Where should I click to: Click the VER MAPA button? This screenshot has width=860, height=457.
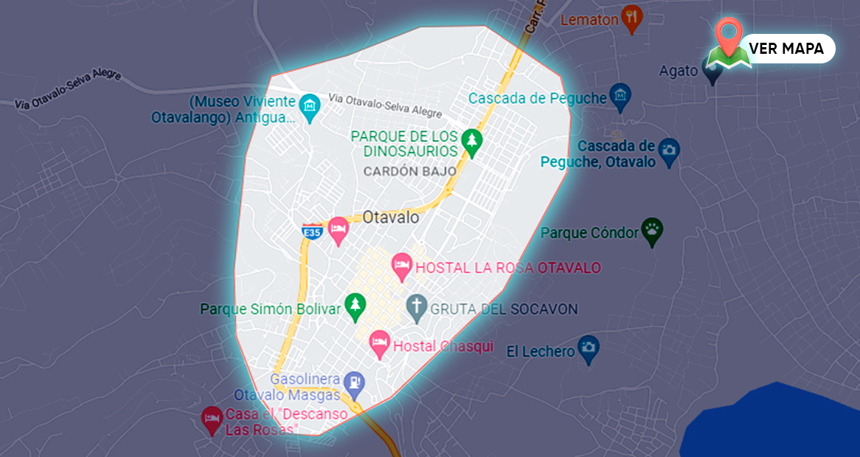pyautogui.click(x=786, y=49)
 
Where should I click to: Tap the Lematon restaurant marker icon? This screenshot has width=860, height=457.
pyautogui.click(x=631, y=18)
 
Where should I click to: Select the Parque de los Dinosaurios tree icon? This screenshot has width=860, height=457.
pyautogui.click(x=471, y=141)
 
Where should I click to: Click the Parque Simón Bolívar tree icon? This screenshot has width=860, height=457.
pyautogui.click(x=356, y=307)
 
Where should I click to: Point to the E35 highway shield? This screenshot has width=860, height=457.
pyautogui.click(x=312, y=232)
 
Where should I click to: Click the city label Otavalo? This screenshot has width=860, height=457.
pyautogui.click(x=391, y=217)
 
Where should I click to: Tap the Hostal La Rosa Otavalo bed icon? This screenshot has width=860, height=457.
pyautogui.click(x=402, y=266)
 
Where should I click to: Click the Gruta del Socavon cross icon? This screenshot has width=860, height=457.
pyautogui.click(x=417, y=307)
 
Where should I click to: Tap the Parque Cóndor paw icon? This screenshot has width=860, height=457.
pyautogui.click(x=652, y=231)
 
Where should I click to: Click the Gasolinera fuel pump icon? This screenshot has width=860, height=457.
pyautogui.click(x=355, y=381)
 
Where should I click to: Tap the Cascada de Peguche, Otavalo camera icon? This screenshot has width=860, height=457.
pyautogui.click(x=669, y=151)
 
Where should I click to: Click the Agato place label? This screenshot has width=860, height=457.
pyautogui.click(x=679, y=71)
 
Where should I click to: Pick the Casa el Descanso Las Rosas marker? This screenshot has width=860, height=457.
pyautogui.click(x=212, y=419)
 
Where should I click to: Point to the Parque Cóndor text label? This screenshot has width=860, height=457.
pyautogui.click(x=589, y=233)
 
